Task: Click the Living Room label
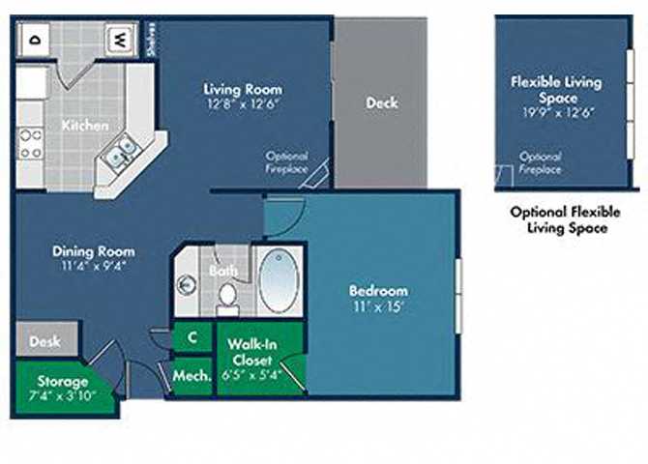(x=243, y=90)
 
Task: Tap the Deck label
(x=381, y=103)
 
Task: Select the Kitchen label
(x=84, y=126)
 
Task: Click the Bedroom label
(x=378, y=290)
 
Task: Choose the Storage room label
(x=63, y=381)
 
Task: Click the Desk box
(x=45, y=341)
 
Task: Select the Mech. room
(x=191, y=375)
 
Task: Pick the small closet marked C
(x=192, y=336)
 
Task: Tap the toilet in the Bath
(x=228, y=300)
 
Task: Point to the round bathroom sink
(x=188, y=284)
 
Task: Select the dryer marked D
(x=35, y=40)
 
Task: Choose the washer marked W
(x=117, y=40)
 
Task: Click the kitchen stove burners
(x=30, y=144)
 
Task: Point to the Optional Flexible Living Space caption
(x=565, y=220)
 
